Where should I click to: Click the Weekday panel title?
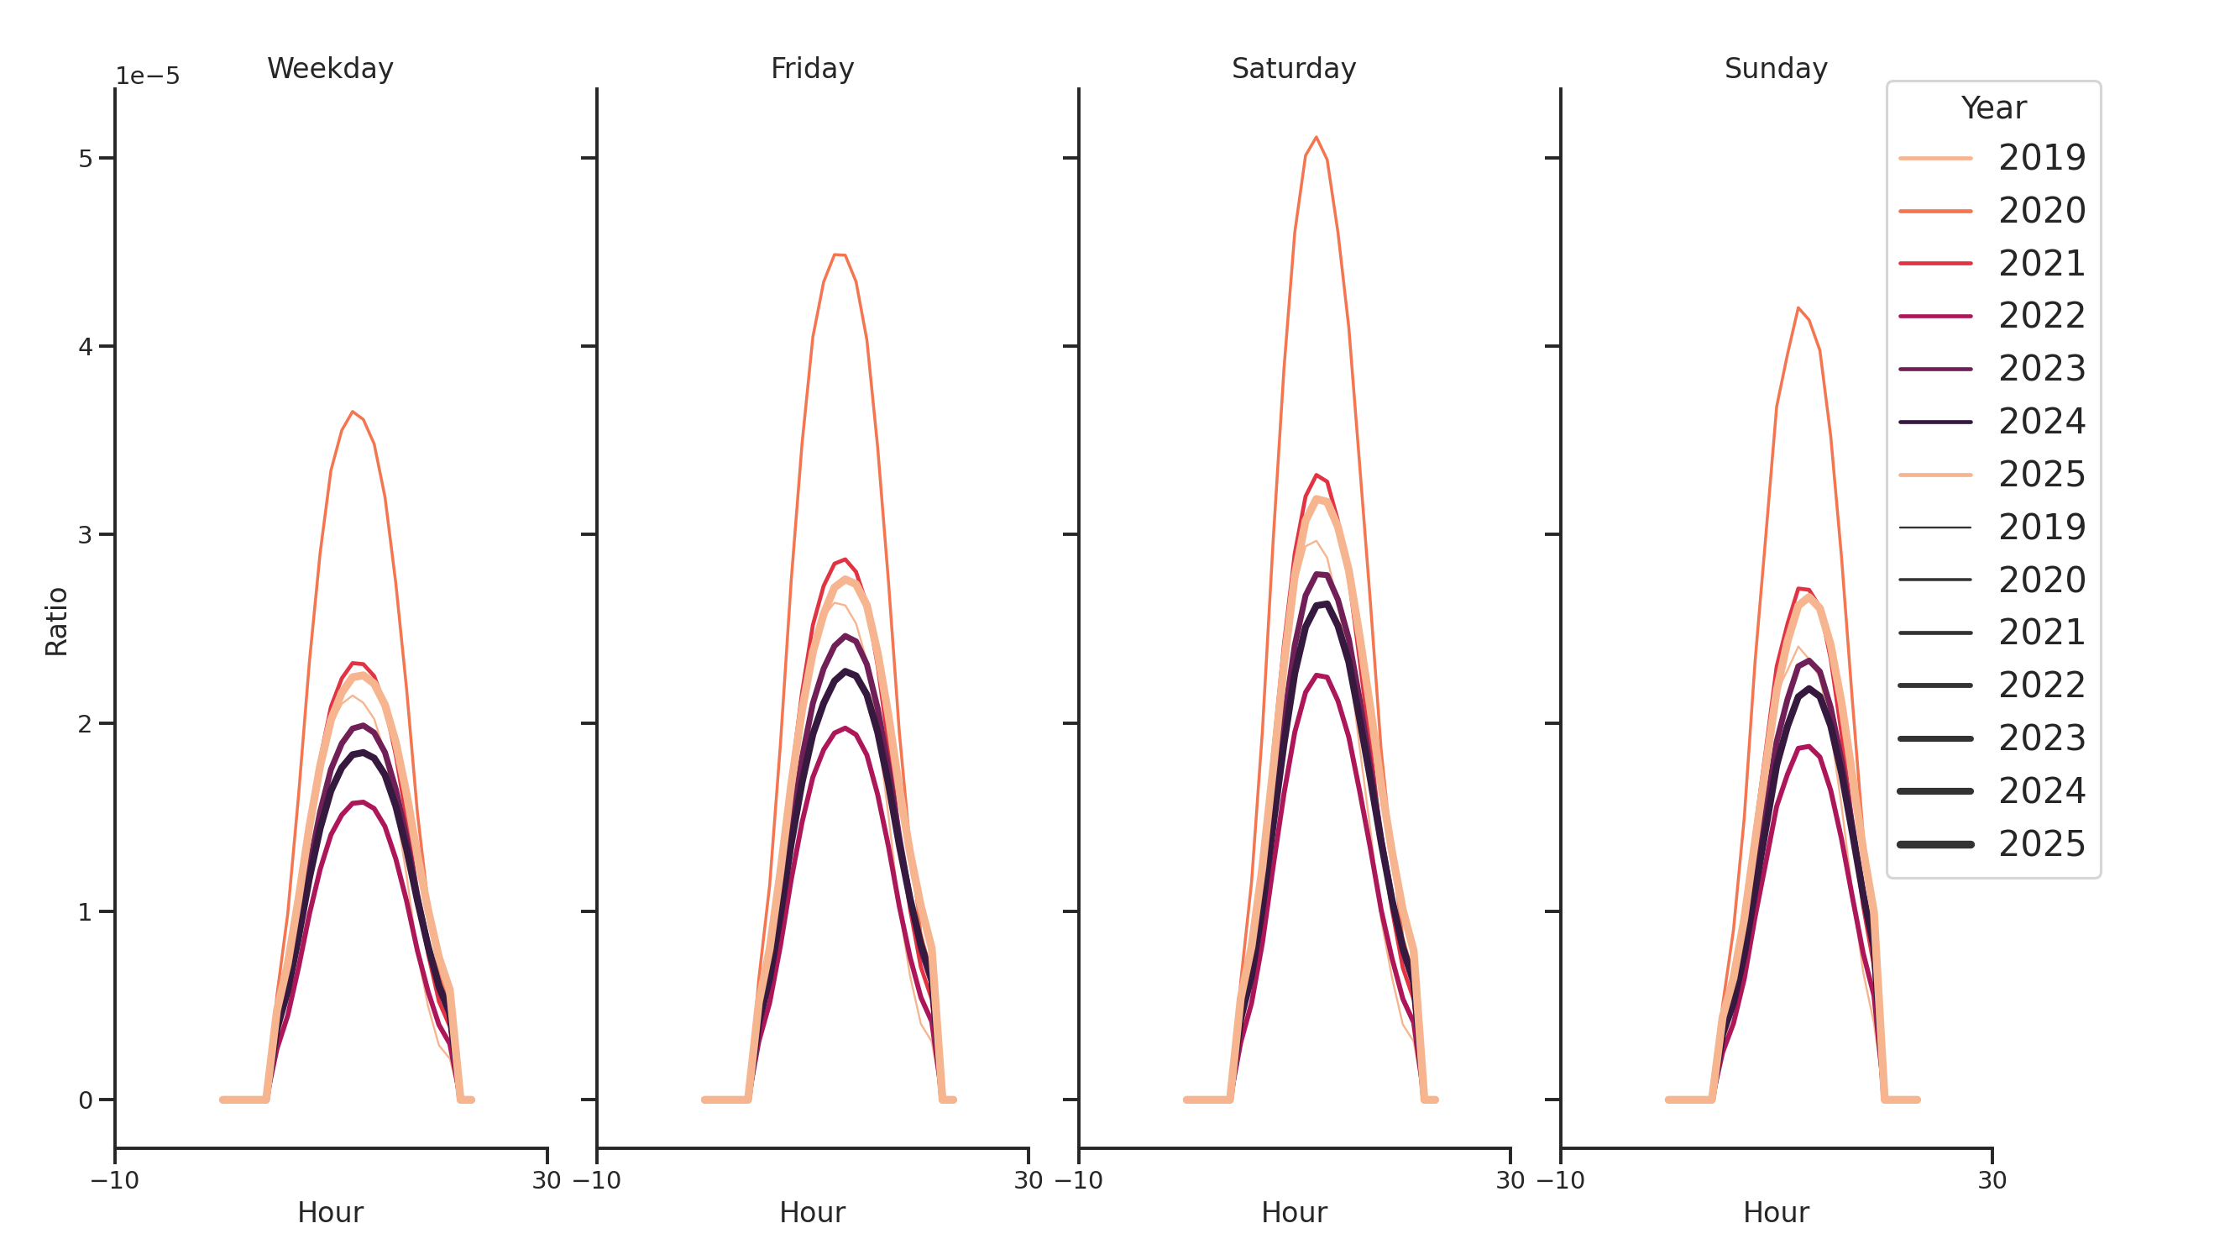[x=330, y=68]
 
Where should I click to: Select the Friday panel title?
[x=812, y=68]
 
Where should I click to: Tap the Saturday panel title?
[x=1293, y=68]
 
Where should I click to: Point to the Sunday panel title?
[x=1776, y=68]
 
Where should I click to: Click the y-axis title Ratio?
[x=57, y=621]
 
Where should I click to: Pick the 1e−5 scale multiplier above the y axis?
[x=148, y=76]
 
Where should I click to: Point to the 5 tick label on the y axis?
[x=85, y=159]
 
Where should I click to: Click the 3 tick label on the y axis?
[x=85, y=535]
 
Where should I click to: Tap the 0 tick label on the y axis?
[x=85, y=1100]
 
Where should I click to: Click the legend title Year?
[x=1992, y=108]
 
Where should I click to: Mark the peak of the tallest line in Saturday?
[x=1316, y=137]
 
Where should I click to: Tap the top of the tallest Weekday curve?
[x=353, y=412]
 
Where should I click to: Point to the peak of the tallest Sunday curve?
[x=1798, y=307]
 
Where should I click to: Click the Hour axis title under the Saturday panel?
[x=1293, y=1212]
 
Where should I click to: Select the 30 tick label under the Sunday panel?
[x=1992, y=1180]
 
